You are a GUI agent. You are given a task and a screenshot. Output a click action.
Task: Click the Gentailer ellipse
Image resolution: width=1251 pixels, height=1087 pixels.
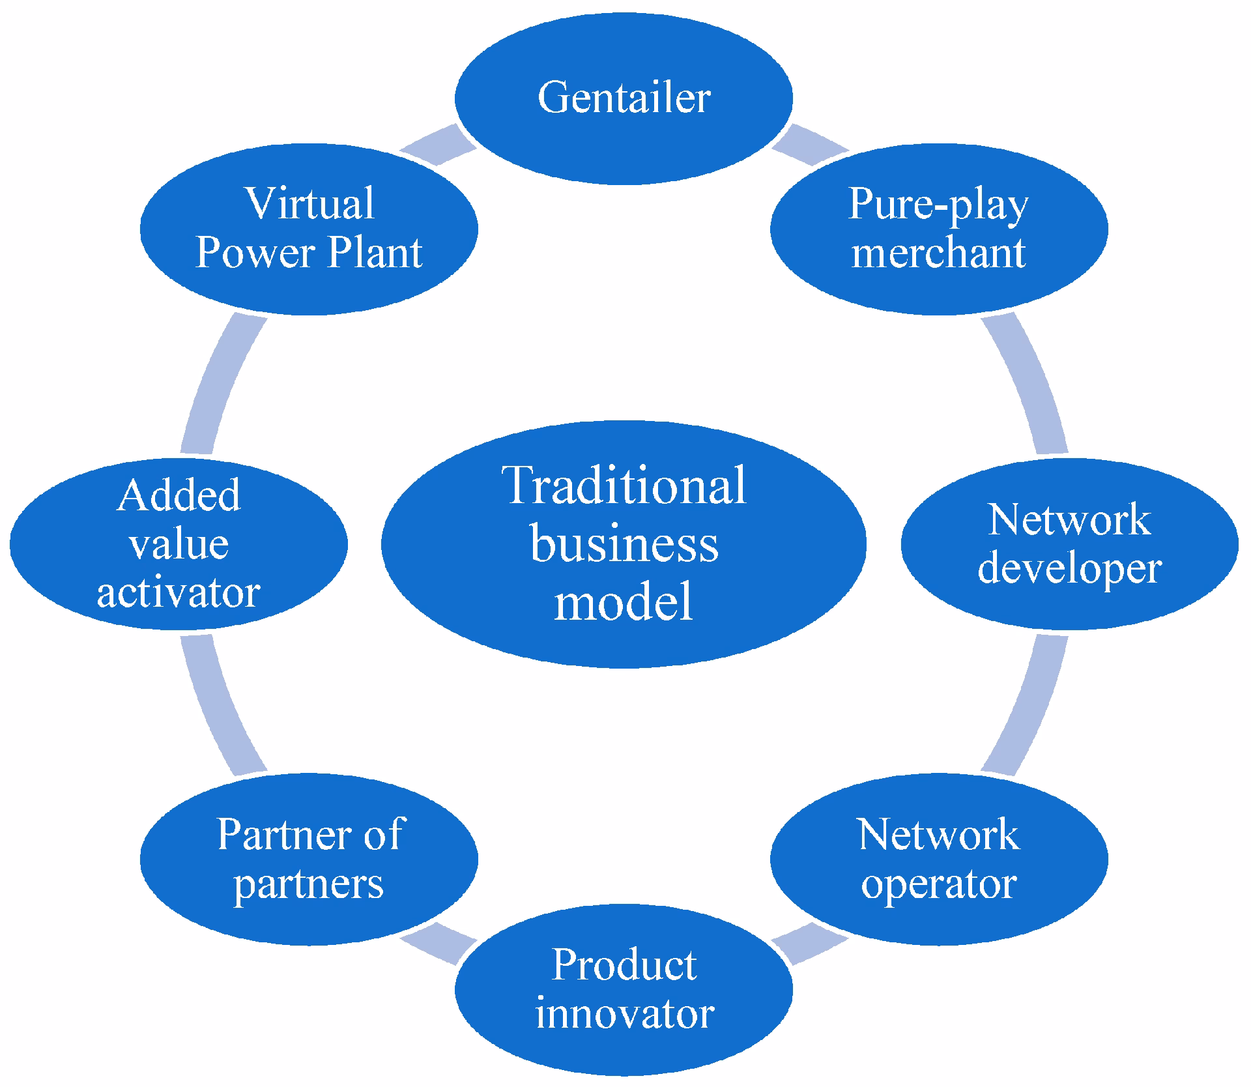click(624, 98)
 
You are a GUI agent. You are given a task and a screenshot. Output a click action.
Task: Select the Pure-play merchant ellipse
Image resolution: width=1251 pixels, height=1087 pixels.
click(938, 228)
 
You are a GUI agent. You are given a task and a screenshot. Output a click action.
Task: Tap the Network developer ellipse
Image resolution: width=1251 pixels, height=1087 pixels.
click(1069, 543)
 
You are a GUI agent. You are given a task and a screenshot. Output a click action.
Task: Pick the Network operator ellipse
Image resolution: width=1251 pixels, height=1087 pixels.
click(938, 858)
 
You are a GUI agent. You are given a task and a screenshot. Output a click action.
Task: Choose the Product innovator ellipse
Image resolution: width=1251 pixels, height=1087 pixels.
click(624, 989)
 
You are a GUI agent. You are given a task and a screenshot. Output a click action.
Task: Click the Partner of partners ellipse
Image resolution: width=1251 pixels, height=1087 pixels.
click(309, 858)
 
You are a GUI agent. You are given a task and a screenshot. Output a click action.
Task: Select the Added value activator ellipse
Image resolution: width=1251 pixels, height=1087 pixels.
click(179, 543)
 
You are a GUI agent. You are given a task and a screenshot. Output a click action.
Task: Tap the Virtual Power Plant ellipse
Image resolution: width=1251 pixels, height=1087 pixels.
click(309, 228)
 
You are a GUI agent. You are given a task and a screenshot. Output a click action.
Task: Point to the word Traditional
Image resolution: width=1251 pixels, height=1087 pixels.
click(624, 486)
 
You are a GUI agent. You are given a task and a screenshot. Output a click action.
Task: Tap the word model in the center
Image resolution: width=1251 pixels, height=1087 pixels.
click(624, 600)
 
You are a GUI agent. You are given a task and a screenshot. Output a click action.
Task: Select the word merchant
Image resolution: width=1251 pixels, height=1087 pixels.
click(938, 253)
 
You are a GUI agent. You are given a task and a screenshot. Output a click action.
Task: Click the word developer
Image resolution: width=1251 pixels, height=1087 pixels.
click(1069, 569)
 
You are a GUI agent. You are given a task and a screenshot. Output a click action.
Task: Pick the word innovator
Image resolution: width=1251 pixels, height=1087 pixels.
click(624, 1014)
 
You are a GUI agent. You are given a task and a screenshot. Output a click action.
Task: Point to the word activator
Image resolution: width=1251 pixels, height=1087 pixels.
click(179, 593)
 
